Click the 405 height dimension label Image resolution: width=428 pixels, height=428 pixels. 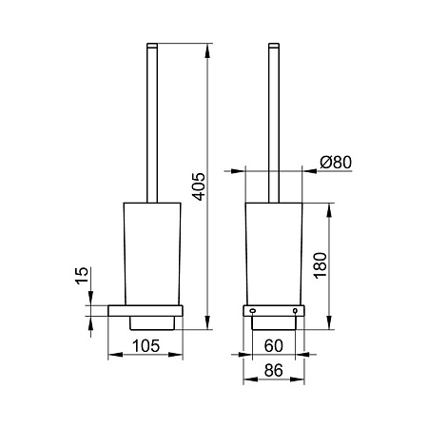pyautogui.click(x=200, y=186)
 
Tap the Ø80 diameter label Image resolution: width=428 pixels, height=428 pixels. pyautogui.click(x=336, y=163)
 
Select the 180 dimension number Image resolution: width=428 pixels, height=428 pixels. pyautogui.click(x=321, y=265)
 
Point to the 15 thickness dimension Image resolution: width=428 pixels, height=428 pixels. pyautogui.click(x=82, y=276)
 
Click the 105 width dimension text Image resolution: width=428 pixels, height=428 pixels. pyautogui.click(x=146, y=346)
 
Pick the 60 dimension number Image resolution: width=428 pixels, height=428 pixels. pyautogui.click(x=273, y=346)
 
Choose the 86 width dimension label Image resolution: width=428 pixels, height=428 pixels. pyautogui.click(x=273, y=370)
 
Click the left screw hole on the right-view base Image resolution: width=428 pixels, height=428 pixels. pyautogui.click(x=252, y=311)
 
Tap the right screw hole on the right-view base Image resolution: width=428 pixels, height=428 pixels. pyautogui.click(x=295, y=311)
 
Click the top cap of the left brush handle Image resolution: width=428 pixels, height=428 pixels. pyautogui.click(x=152, y=46)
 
